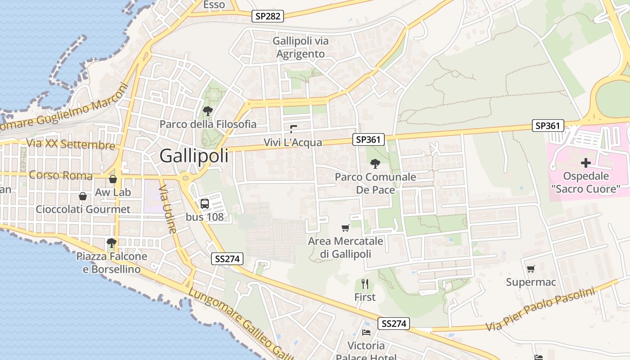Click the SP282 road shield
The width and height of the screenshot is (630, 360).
268,17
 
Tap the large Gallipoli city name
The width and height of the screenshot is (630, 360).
194,156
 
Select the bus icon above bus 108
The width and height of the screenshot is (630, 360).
205,203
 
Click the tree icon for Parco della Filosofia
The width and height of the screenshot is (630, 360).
207,111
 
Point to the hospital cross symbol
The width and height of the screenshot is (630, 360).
585,163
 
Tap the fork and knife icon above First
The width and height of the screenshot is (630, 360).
365,284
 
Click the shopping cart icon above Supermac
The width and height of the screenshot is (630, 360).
531,269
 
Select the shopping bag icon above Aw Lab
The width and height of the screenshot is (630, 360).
113,179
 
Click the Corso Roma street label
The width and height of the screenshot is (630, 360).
61,175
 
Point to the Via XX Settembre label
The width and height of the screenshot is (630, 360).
71,144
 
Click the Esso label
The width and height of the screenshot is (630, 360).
214,5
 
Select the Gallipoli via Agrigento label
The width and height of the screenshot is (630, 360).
301,47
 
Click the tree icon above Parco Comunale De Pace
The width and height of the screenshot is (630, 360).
375,163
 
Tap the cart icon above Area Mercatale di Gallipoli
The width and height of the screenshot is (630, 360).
346,228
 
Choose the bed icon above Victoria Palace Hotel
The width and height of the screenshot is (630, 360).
366,333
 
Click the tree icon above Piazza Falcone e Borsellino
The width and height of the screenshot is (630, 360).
112,243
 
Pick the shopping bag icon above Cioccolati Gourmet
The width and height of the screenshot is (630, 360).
83,196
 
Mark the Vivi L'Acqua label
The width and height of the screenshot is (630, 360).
293,143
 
